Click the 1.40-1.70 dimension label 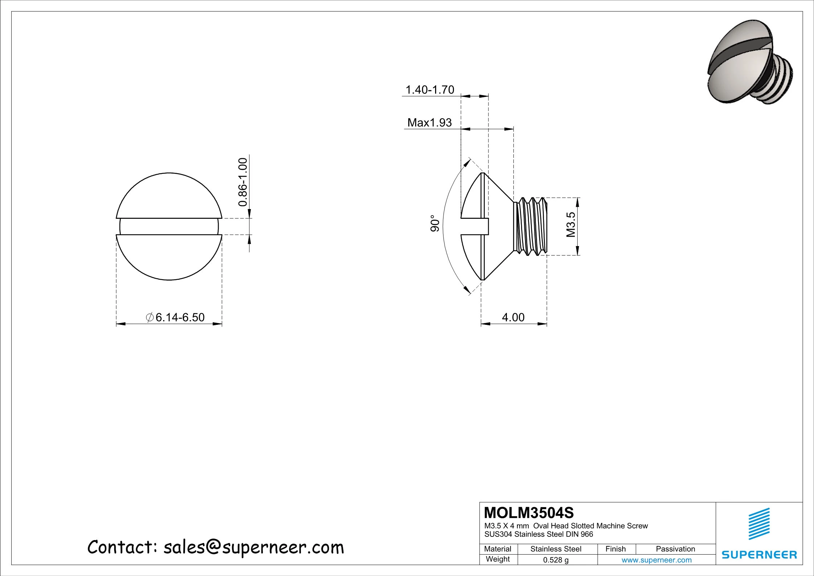click(429, 90)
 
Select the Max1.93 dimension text click(429, 123)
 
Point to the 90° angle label click(435, 225)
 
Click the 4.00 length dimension click(513, 317)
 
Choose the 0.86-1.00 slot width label click(243, 182)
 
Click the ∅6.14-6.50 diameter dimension click(175, 317)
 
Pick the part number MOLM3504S click(529, 513)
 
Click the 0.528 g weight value click(555, 560)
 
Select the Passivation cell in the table click(675, 549)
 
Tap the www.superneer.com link click(656, 560)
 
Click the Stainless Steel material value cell click(555, 549)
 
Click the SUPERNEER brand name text click(759, 555)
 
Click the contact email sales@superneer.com click(253, 547)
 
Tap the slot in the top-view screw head click(169, 226)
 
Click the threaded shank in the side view click(530, 226)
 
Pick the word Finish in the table click(615, 549)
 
